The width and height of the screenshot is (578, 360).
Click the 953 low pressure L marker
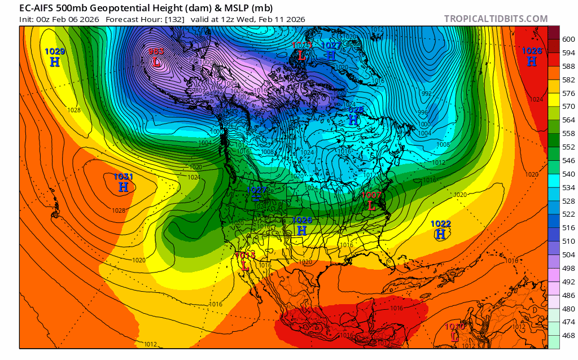156,62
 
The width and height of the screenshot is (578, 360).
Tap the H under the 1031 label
123,187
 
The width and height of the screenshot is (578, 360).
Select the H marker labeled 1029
55,62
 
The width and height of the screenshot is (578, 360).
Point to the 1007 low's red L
371,206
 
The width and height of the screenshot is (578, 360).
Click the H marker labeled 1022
441,234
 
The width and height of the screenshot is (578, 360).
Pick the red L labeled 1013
245,265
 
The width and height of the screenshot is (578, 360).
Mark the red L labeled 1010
454,337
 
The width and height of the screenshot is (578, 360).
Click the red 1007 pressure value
372,195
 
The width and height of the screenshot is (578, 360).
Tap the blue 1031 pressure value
123,177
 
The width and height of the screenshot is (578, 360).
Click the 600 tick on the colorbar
568,39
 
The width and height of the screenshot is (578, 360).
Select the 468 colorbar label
568,335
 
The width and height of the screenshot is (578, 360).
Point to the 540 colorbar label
568,174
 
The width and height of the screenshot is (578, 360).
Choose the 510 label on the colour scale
568,241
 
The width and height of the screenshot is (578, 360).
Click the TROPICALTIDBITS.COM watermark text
496,19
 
